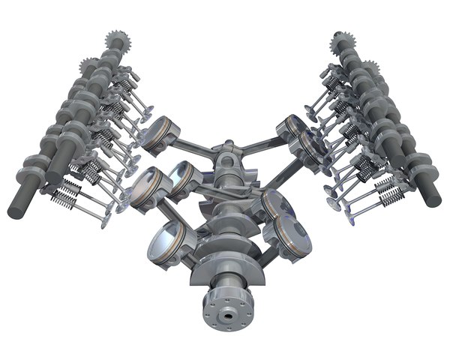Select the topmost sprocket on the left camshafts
[x=116, y=39]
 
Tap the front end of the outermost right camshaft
[x=433, y=196]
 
